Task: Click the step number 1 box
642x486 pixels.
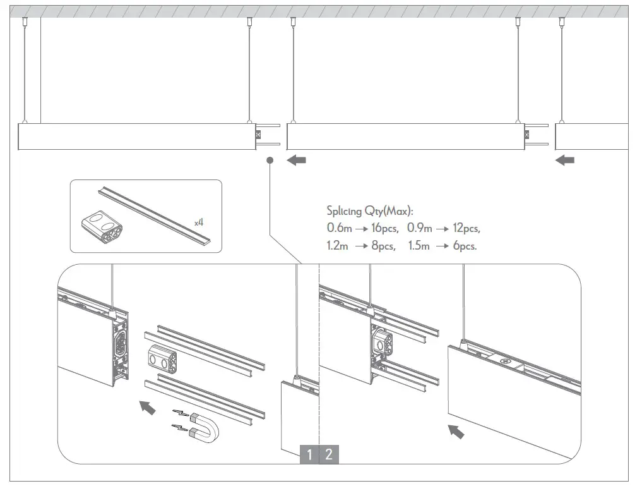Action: (x=309, y=454)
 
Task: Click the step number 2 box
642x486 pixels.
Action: (x=330, y=454)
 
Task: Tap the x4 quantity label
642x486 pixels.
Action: (x=199, y=222)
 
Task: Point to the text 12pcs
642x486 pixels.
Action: (x=467, y=228)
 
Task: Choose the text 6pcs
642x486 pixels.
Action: (x=465, y=246)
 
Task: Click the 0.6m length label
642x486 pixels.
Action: (x=339, y=228)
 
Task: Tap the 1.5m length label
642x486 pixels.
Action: (x=420, y=246)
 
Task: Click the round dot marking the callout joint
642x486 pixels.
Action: (x=270, y=161)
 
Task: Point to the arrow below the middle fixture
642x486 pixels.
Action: (x=296, y=161)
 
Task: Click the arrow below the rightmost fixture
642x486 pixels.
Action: (x=565, y=161)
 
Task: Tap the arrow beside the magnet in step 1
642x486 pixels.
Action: (x=146, y=407)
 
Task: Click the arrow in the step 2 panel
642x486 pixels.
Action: (x=455, y=431)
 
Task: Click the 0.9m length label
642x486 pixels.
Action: (x=420, y=228)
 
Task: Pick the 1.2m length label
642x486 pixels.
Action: (x=338, y=246)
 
